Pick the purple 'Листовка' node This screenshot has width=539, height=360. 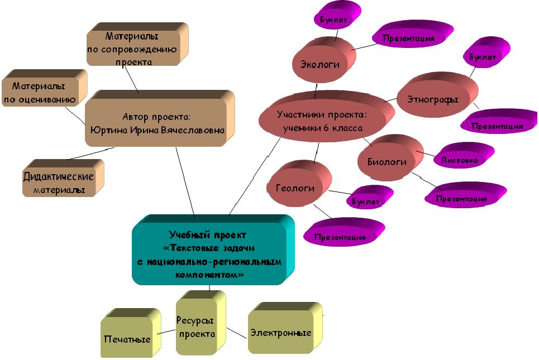tap(459, 160)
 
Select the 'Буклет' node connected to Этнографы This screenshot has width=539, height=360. tap(482, 57)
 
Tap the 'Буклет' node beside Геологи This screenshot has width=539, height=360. tap(365, 201)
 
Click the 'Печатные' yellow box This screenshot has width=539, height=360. tap(127, 339)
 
